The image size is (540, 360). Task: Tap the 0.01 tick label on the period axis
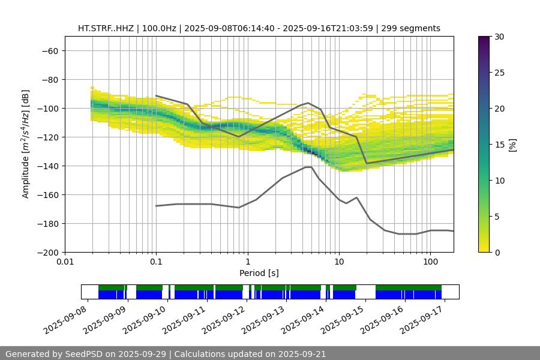[x=65, y=262]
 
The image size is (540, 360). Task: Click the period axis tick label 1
[x=247, y=262]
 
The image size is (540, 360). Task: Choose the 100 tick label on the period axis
[x=430, y=262]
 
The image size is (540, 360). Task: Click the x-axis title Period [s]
[x=259, y=273]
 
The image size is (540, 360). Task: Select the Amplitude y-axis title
[x=26, y=144]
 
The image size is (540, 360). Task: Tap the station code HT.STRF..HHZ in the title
[x=106, y=28]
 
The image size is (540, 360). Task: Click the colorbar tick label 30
[x=500, y=37]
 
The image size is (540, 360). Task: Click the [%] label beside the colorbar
[x=512, y=144]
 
